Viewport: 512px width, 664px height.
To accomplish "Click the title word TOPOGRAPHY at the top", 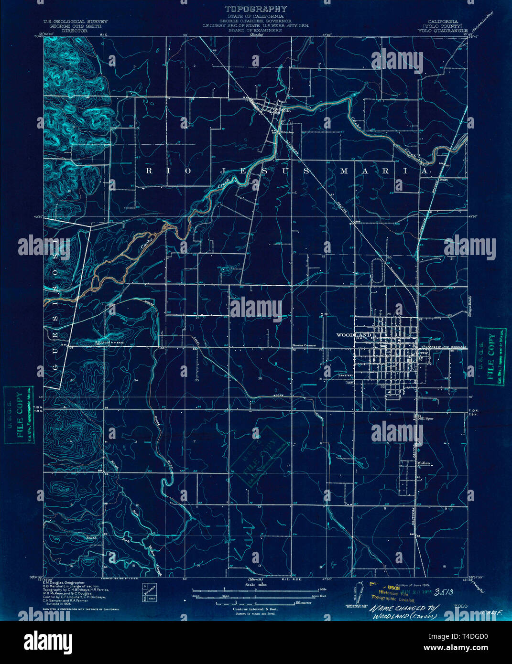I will click(256, 9).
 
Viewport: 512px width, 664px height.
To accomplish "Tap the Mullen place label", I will click(424, 463).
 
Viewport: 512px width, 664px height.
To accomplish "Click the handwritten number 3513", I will click(446, 592).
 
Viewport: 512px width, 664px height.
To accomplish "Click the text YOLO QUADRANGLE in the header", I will click(442, 30).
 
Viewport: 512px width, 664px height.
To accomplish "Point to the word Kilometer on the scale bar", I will click(304, 603).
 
